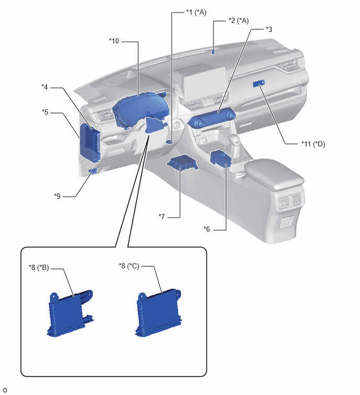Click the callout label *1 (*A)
(x=196, y=12)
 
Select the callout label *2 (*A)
(x=239, y=20)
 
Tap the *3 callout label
(x=269, y=29)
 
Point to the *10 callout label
(x=114, y=41)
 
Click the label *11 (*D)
(x=313, y=144)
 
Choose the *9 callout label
(x=57, y=196)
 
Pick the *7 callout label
(x=162, y=217)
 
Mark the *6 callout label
(x=207, y=229)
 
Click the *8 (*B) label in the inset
(x=39, y=267)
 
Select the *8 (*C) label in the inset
(x=129, y=266)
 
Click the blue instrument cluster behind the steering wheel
(x=140, y=109)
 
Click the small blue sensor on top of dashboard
(x=213, y=52)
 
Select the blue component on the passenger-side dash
(x=258, y=84)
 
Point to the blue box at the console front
(x=220, y=159)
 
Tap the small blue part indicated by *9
(x=93, y=171)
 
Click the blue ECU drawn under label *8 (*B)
(x=70, y=313)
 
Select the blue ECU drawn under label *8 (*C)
(x=158, y=313)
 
